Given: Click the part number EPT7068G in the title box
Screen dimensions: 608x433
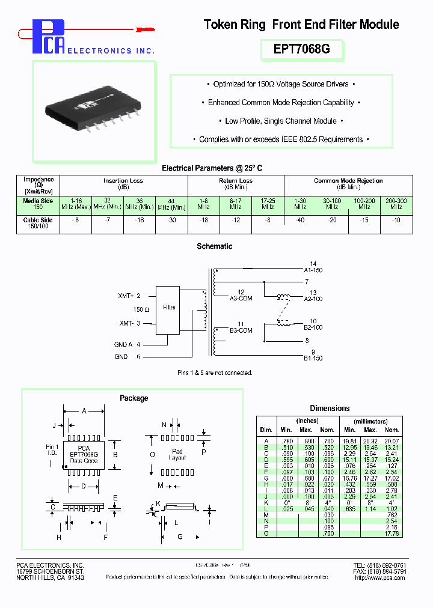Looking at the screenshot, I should (x=301, y=50).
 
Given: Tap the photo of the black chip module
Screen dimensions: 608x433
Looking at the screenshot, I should (x=88, y=112).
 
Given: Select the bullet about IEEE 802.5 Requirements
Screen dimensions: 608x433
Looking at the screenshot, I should (x=281, y=139).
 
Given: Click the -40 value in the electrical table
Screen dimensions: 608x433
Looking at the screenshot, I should (x=299, y=220).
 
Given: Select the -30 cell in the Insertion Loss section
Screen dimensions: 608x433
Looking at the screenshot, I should (x=171, y=220).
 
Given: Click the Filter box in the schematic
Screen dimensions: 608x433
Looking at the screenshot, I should (x=170, y=308).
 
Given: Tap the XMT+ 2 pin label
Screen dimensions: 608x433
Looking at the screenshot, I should (x=129, y=296).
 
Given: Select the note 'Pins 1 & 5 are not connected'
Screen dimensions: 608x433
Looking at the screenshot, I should (x=214, y=373).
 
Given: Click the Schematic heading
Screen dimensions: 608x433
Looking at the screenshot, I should (x=215, y=246).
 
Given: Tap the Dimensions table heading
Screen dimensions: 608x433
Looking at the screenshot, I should (x=329, y=408).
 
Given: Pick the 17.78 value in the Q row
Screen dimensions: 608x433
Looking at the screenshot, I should (x=392, y=534).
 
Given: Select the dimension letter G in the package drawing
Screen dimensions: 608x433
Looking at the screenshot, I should (x=180, y=537).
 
